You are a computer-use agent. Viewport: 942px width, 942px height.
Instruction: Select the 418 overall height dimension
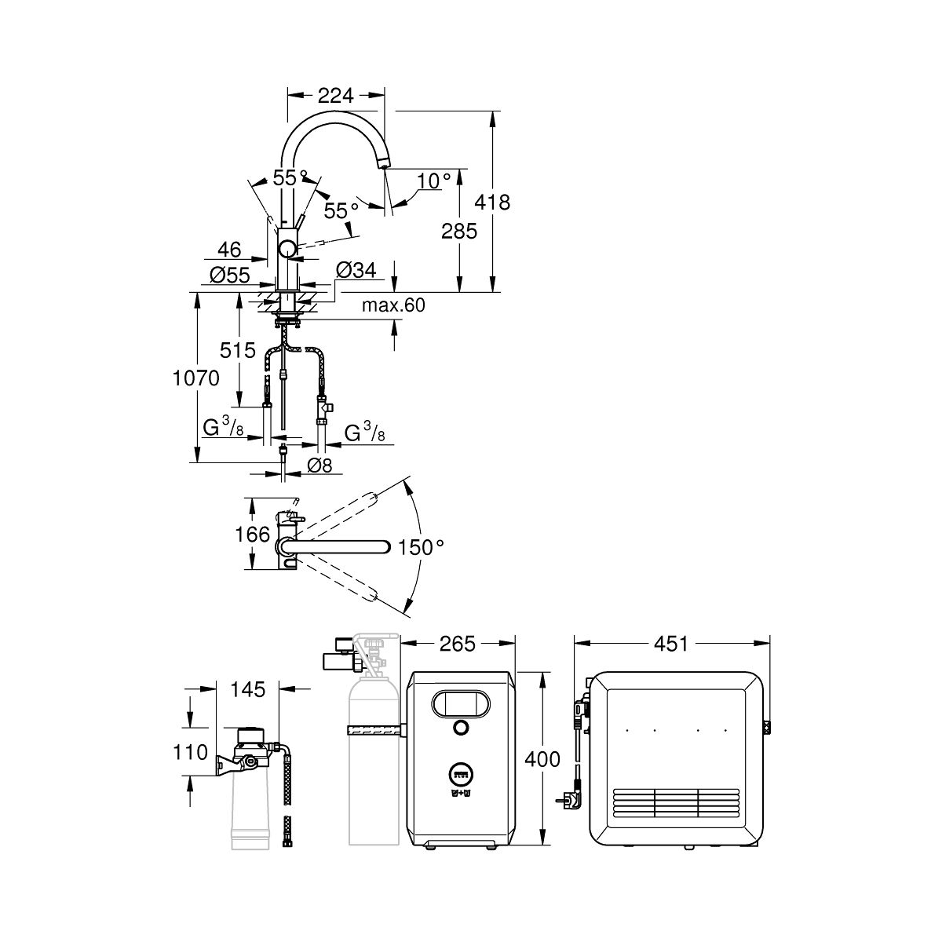[493, 202]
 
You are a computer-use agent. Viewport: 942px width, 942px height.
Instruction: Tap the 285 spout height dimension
[460, 231]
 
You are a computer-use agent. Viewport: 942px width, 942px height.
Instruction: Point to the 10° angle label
[434, 181]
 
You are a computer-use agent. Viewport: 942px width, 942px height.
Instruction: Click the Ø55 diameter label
[230, 274]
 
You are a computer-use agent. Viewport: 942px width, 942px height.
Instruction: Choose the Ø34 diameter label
[356, 271]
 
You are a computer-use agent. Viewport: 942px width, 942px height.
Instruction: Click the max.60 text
[393, 305]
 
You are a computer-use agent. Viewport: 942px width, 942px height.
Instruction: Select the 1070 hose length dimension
[196, 378]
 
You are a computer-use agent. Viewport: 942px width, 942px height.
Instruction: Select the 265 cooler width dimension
[458, 644]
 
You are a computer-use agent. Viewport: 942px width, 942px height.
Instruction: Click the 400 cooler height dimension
[543, 759]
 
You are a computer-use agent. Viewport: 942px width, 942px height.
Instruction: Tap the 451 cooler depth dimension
[671, 644]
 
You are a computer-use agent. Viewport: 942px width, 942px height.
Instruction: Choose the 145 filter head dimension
[249, 689]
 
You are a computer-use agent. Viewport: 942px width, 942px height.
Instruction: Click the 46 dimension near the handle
[228, 250]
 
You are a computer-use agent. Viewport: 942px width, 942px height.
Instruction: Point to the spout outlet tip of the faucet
[383, 162]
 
